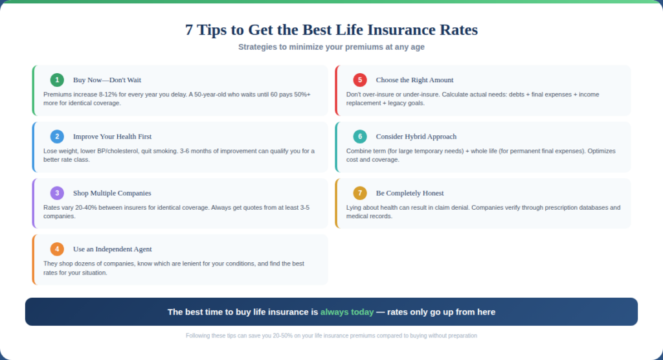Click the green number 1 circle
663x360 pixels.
pos(57,80)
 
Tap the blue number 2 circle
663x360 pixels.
pos(57,137)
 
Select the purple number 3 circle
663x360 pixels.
pos(57,193)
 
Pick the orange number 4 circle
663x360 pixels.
pos(57,249)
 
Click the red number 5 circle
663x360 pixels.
pos(360,80)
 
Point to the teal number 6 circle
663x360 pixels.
pos(360,137)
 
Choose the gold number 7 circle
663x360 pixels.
pos(360,193)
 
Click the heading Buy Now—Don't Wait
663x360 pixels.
pos(107,80)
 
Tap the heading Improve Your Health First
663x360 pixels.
pos(112,137)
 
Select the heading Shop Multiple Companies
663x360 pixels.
pos(112,193)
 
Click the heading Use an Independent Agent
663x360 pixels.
pos(113,249)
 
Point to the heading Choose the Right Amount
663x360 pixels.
pos(414,80)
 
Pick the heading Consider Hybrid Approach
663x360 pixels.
pos(416,137)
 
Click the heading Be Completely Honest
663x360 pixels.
pos(410,193)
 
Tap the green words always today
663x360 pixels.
pos(346,312)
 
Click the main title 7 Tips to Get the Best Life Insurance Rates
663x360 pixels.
pos(331,30)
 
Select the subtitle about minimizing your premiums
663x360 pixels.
pos(331,47)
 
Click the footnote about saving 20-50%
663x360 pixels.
pos(331,335)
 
